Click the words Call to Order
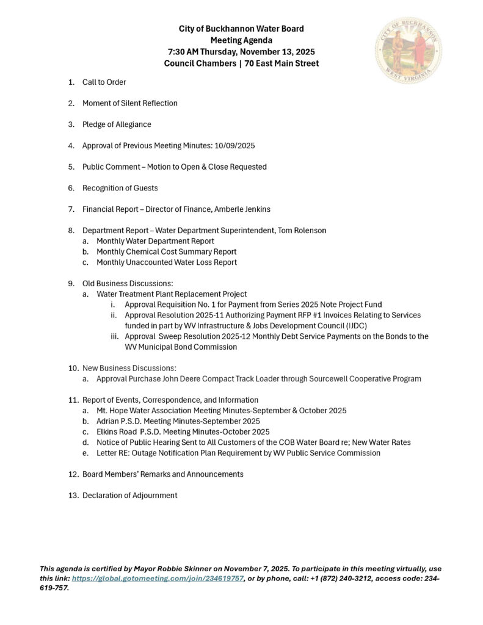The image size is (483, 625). [104, 82]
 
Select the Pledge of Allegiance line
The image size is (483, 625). [117, 125]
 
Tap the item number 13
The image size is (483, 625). [73, 495]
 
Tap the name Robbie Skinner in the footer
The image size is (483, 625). [184, 568]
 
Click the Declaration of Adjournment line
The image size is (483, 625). [130, 495]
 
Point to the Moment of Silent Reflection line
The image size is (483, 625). [130, 103]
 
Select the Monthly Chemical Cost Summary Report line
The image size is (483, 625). [167, 251]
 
